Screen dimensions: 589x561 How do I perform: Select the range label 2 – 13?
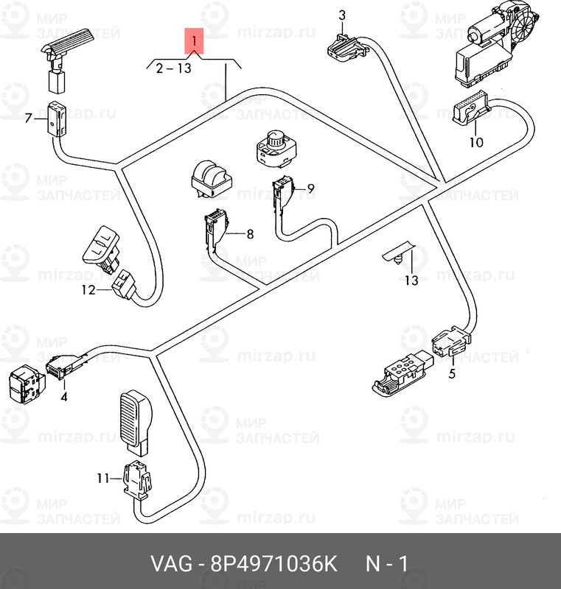coord(173,68)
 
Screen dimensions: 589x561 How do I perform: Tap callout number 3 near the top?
coord(342,15)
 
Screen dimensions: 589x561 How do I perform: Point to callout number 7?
coord(29,118)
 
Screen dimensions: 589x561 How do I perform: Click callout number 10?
coord(476,142)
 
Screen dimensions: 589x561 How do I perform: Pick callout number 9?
coord(310,188)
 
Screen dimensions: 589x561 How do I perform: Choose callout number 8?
coord(249,234)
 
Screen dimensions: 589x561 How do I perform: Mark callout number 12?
coord(88,290)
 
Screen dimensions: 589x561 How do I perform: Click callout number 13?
coord(411,281)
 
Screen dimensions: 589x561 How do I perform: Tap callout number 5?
coord(452,373)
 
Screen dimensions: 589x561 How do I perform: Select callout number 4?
coord(64,398)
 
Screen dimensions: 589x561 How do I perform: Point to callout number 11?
coord(102,479)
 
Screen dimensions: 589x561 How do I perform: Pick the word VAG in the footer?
coord(169,565)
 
